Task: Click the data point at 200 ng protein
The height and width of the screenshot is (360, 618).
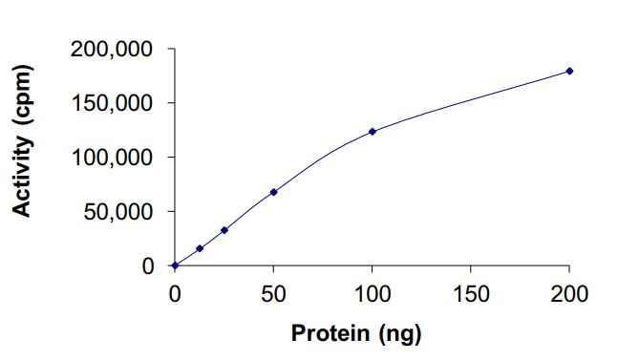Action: [x=569, y=71]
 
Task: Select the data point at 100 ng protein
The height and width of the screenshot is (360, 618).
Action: [x=372, y=132]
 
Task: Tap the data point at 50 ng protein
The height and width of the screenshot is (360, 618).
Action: [x=273, y=192]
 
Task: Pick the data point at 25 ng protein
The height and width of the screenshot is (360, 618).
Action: [x=224, y=230]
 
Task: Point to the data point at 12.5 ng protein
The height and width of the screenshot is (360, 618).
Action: [x=200, y=248]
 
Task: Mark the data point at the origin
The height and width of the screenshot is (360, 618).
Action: [x=175, y=265]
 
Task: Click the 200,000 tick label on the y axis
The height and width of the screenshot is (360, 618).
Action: [x=113, y=49]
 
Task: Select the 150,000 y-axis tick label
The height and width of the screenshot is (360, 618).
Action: [x=113, y=103]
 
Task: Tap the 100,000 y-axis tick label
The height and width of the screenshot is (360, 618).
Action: [x=113, y=158]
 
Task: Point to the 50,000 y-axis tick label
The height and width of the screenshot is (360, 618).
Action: [x=118, y=212]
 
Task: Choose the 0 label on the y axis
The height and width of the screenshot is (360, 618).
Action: [x=148, y=266]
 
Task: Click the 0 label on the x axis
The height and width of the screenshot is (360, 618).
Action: [x=175, y=293]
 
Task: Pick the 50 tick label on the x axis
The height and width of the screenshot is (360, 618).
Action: [x=273, y=293]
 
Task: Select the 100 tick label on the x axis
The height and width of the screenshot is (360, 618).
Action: [x=372, y=293]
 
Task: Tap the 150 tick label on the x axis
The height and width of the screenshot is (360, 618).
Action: [x=471, y=293]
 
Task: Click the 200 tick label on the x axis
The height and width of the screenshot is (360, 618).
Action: [x=569, y=293]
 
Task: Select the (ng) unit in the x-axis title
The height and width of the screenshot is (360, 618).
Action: [x=399, y=334]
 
